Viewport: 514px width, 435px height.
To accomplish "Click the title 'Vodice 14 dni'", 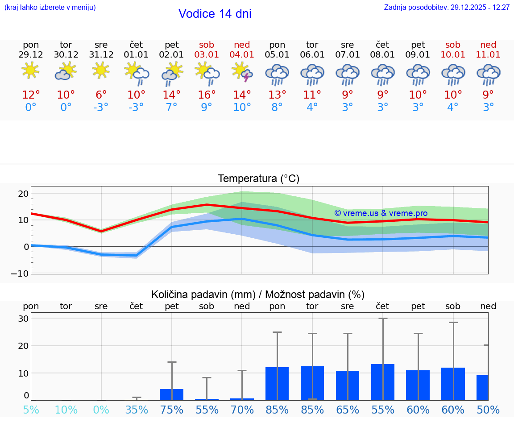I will (x=215, y=14).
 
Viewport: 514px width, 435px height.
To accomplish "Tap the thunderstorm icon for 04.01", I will (x=242, y=72).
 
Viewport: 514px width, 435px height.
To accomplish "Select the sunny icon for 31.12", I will (x=101, y=70).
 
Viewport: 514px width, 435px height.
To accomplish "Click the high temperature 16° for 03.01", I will (x=207, y=95).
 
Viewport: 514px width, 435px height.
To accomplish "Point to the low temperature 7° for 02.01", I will (x=171, y=108).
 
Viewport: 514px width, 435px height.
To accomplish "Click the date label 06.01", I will (x=312, y=55).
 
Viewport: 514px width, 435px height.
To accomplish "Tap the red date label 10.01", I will (x=453, y=55).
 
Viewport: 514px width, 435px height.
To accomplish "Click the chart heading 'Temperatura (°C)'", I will (x=258, y=179).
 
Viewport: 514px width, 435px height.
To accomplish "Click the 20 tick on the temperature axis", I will (x=23, y=194).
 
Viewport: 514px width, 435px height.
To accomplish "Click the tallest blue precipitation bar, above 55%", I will (x=382, y=382).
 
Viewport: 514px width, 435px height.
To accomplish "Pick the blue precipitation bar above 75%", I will (x=171, y=394).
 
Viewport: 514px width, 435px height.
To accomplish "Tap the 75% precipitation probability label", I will (x=171, y=410).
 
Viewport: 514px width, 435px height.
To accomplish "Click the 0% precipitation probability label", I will (x=101, y=410).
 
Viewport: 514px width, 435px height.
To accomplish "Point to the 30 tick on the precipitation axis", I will (x=23, y=319).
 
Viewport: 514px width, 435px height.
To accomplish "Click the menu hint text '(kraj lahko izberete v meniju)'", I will (x=50, y=7).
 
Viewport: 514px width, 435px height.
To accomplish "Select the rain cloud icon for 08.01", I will (x=382, y=75).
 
